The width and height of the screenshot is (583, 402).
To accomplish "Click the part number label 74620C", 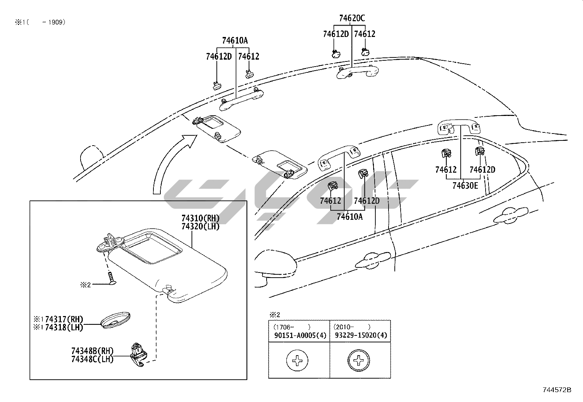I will coord(352,18).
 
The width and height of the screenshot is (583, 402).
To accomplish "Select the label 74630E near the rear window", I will coord(465,186).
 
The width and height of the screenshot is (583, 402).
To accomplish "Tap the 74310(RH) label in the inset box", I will coord(200,219).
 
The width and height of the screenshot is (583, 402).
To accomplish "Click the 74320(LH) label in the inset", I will coord(200,227).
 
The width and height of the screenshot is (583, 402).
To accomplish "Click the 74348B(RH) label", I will coord(92,351).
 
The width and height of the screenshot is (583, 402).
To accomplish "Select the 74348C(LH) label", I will coord(92,359).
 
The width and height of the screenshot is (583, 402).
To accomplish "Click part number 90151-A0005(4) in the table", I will coord(300,335).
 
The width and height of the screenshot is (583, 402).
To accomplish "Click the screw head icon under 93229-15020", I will coord(359,361).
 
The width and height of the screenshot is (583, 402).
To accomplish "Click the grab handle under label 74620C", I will coord(357,72).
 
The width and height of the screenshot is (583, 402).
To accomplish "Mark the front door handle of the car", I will coord(374,258).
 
